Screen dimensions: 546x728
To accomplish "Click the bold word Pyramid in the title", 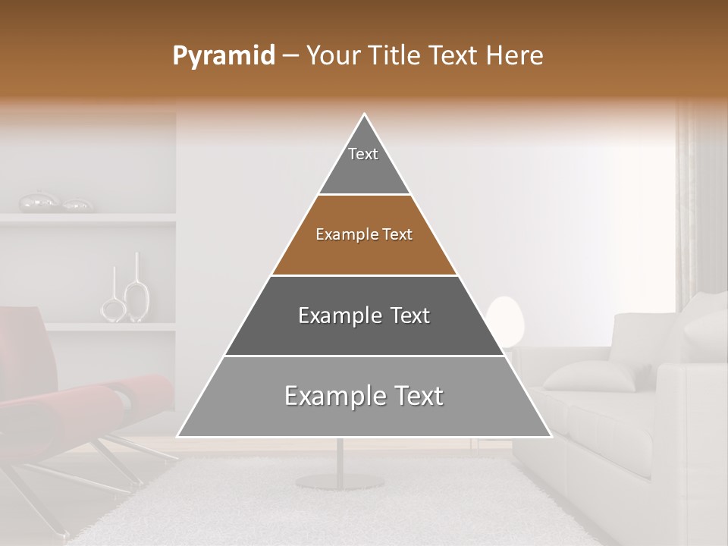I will tap(224, 56).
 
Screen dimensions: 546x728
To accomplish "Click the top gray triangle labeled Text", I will tap(364, 163).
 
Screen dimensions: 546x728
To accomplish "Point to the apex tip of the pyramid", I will tap(365, 115).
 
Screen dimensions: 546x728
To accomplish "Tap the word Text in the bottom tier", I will tap(413, 396).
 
